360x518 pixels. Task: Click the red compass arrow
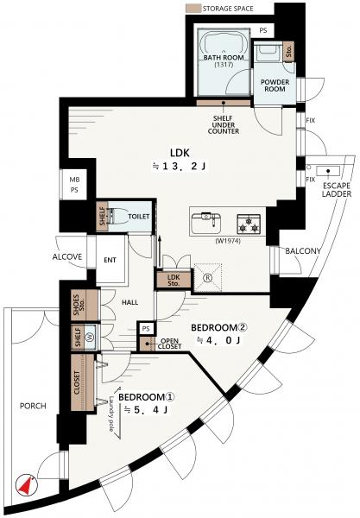[25, 485]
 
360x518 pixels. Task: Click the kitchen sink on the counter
[206, 221]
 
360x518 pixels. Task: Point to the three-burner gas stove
[249, 224]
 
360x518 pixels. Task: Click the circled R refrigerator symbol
[208, 278]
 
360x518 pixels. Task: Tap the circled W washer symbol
[90, 337]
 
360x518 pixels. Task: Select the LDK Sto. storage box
[173, 280]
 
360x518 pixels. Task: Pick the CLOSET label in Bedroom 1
[77, 382]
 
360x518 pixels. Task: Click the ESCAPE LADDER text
[337, 190]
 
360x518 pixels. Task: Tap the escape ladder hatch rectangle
[328, 171]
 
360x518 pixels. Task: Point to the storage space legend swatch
[193, 9]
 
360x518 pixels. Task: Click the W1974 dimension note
[228, 241]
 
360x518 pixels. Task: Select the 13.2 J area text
[180, 167]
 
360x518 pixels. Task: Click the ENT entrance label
[110, 261]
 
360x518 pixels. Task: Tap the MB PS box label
[74, 185]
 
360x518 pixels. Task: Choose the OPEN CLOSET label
[169, 344]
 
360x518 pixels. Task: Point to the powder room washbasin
[267, 52]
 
